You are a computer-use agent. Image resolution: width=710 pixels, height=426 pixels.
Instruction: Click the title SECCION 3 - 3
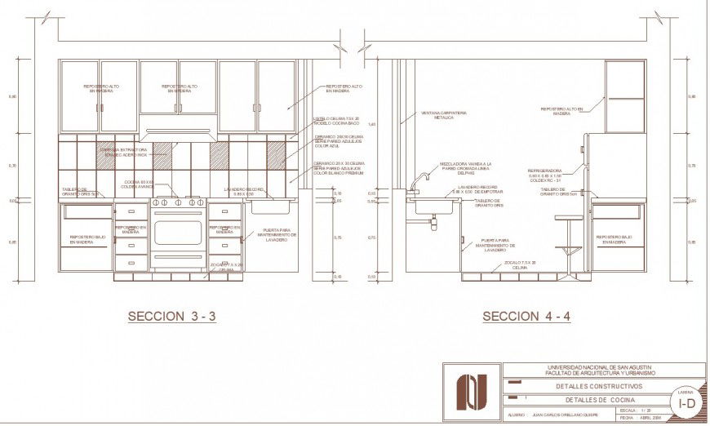[171, 316]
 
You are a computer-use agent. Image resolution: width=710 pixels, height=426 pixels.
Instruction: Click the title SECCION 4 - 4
[526, 316]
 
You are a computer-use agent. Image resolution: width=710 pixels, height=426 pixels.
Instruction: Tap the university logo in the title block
[472, 392]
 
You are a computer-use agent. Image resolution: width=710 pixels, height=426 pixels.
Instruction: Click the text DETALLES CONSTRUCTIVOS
[599, 386]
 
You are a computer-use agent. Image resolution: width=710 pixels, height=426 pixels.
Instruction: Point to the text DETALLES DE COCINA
[599, 400]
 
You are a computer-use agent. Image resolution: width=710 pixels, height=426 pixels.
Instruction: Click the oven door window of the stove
[178, 233]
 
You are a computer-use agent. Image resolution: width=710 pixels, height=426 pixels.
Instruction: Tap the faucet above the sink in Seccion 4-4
[418, 181]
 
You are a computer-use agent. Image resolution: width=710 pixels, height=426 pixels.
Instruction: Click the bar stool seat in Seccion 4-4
[568, 217]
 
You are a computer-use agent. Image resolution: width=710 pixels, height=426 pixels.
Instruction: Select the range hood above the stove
[178, 131]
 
